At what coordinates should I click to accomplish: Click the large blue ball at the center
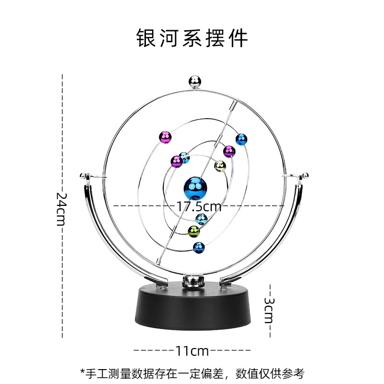click(x=196, y=188)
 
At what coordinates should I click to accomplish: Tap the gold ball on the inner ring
click(x=219, y=166)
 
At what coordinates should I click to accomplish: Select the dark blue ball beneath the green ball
click(x=199, y=248)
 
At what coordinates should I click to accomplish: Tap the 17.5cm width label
click(x=199, y=206)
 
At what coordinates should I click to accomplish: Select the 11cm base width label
click(x=192, y=350)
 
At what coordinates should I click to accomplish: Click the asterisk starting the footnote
click(x=83, y=372)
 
